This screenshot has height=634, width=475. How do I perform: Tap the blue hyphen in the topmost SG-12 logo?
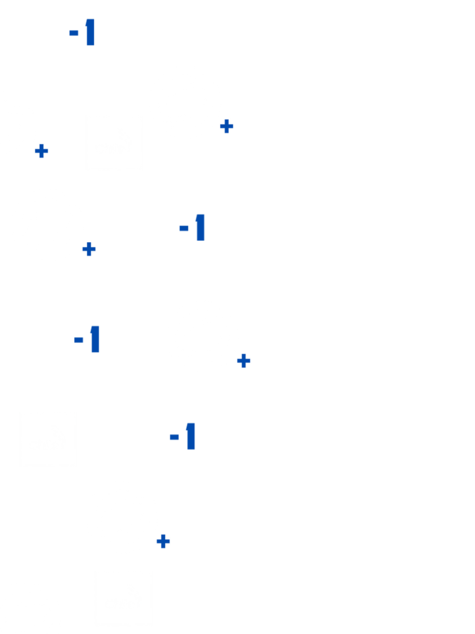coord(74,33)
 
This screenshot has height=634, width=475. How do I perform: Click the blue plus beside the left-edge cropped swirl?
coord(41,150)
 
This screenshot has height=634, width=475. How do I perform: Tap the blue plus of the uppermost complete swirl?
coord(226,126)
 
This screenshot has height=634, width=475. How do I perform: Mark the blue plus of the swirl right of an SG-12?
coord(244,360)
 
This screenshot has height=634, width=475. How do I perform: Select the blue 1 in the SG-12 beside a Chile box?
coord(191,436)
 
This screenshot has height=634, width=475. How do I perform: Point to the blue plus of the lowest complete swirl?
coord(163,541)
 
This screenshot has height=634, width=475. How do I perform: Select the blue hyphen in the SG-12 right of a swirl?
coord(184,228)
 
